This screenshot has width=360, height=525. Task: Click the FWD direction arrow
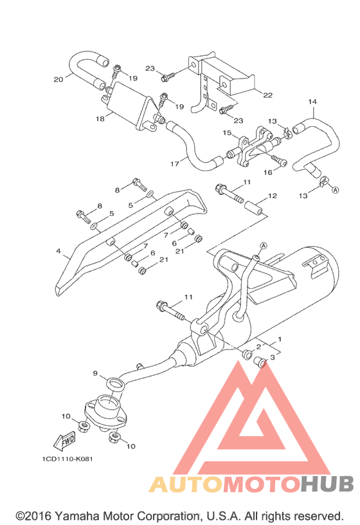point(64,441)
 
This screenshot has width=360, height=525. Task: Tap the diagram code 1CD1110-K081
point(67,459)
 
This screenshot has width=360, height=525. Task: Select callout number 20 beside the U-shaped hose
point(59,79)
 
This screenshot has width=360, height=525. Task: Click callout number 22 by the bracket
point(267,95)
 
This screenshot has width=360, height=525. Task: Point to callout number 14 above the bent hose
point(312,102)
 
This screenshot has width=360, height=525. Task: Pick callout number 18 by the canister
point(100,118)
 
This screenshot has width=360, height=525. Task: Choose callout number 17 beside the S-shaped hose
point(175,163)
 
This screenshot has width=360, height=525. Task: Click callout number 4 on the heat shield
point(59,251)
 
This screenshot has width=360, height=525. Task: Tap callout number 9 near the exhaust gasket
point(95,373)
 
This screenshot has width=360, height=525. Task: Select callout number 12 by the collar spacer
point(273,196)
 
